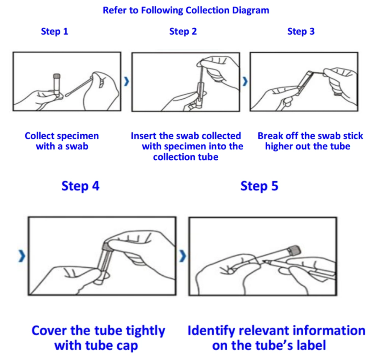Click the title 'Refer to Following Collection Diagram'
[x=186, y=10]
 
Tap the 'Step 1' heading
[x=54, y=31]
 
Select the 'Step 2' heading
[x=183, y=31]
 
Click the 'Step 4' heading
[x=80, y=186]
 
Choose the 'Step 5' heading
[x=259, y=186]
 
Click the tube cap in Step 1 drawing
[x=56, y=76]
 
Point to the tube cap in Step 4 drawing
[x=108, y=245]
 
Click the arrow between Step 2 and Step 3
[x=245, y=81]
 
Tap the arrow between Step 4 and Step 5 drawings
[x=183, y=256]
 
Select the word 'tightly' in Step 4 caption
[x=144, y=331]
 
